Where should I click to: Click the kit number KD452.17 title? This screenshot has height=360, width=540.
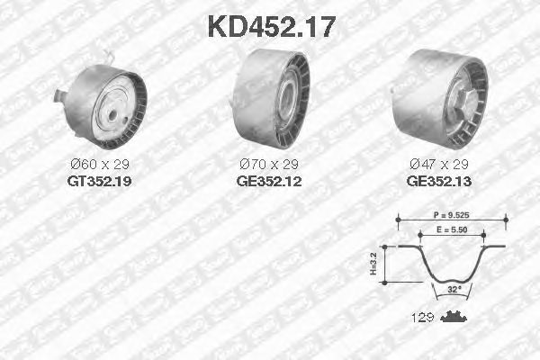point(272,27)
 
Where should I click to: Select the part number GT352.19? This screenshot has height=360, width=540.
point(100,181)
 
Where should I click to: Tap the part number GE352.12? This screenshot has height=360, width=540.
point(269,181)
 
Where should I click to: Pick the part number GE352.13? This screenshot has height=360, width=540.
point(439,181)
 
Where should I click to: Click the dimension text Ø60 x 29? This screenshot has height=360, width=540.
point(100,165)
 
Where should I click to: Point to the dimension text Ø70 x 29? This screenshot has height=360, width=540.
point(269,165)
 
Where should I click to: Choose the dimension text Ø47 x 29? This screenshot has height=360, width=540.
point(439,165)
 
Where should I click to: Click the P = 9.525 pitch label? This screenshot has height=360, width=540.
point(451,215)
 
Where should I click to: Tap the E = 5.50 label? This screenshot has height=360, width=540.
point(452,229)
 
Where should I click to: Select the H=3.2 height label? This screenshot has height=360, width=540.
point(373,265)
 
